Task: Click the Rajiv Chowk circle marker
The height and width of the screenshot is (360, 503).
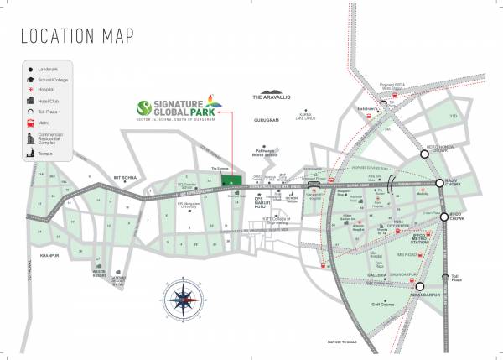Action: [438, 183]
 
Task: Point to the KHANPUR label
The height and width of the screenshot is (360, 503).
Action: [39, 250]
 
